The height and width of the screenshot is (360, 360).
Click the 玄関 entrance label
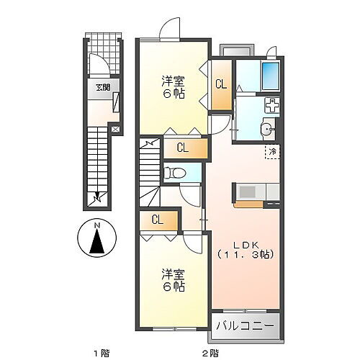100,89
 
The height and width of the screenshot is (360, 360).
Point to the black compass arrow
97,246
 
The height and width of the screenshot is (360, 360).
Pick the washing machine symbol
273,105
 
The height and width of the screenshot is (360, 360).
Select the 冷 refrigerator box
273,151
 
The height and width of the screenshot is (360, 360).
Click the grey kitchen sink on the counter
247,192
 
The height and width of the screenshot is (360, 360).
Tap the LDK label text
245,243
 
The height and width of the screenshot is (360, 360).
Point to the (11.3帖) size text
245,255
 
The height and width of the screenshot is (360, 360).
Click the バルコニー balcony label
246,325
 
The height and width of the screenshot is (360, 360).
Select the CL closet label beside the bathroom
220,84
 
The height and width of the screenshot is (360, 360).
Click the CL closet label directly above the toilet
183,149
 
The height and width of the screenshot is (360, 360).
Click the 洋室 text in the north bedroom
173,79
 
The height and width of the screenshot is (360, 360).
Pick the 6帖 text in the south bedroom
173,287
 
